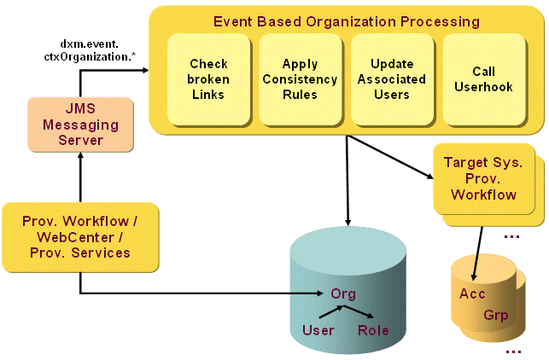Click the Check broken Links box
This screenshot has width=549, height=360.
208,78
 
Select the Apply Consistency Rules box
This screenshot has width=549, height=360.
300,78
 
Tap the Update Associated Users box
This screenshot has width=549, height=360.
392,78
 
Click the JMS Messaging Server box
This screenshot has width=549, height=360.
80,125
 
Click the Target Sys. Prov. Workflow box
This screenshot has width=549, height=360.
483,178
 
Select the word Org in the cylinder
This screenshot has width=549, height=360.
343,294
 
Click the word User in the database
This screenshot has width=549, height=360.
318,330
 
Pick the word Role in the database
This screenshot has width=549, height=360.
373,330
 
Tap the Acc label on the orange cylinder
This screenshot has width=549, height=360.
472,294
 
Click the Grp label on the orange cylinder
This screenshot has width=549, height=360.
495,315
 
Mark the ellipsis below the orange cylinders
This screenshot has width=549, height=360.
513,351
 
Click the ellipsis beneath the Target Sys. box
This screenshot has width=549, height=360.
513,235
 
